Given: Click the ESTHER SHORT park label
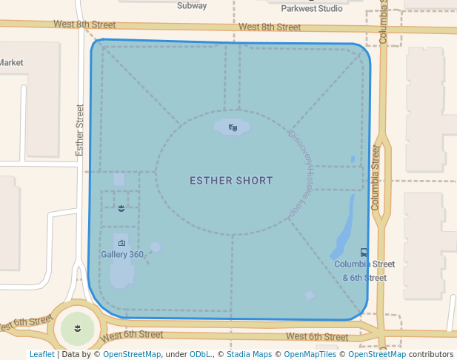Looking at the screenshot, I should click(231, 180).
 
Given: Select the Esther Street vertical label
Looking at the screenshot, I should click(80, 130).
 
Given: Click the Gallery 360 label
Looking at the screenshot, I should click(121, 254).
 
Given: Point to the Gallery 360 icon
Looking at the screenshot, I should click(121, 242).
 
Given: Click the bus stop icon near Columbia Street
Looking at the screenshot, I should click(364, 253).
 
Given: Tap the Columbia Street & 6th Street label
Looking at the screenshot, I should click(364, 270).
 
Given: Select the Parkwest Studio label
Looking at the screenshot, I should click(312, 9).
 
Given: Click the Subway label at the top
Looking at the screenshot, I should click(192, 5).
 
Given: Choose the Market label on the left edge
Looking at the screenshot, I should click(12, 63).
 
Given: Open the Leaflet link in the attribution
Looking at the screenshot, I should click(41, 354).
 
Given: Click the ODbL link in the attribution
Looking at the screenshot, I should click(200, 354).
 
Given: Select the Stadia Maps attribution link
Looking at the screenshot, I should click(249, 354).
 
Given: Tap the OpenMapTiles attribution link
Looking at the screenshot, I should click(310, 354).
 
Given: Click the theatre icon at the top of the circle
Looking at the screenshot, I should click(233, 127).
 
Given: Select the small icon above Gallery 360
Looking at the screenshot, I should click(121, 209).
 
